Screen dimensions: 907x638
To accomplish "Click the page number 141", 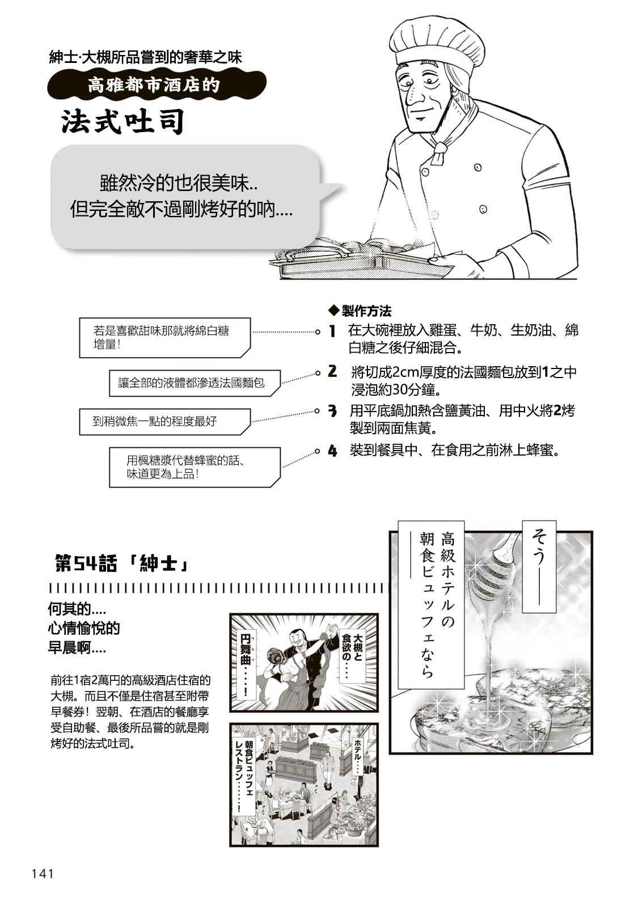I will coord(39,874).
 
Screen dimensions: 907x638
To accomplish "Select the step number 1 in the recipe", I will coord(332,332).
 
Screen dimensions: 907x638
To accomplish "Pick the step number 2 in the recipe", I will coord(333,372).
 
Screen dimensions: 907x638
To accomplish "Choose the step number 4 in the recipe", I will coord(333,451).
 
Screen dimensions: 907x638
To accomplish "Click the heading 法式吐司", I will coord(123,121).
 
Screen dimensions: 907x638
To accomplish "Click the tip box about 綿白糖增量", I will coord(164,337).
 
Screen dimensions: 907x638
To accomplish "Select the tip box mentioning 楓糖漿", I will coord(194,467).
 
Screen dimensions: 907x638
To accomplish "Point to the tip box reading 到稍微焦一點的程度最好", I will coord(164,421).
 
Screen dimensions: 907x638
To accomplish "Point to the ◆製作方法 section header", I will coord(360,311).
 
